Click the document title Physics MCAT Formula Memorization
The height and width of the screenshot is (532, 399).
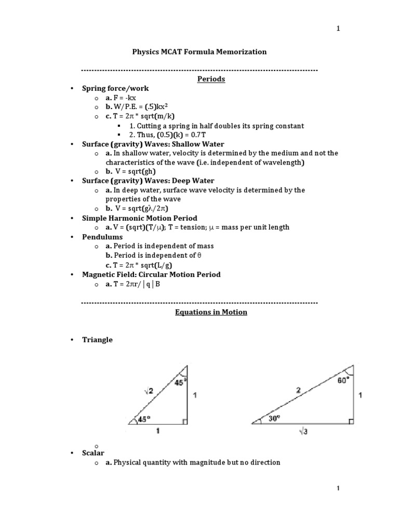pos(199,52)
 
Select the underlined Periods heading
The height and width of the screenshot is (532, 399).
pos(210,79)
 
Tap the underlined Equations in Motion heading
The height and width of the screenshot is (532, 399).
pos(210,312)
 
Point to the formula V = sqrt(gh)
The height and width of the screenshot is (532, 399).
pos(131,171)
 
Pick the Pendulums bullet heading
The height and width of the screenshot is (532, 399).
pos(102,237)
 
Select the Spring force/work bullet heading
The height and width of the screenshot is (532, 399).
pos(115,88)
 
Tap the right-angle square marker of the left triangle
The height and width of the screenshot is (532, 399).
pos(184,421)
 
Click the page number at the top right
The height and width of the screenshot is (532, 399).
pos(338,29)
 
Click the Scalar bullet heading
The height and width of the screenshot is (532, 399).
pos(94,453)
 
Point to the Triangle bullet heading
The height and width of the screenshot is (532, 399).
pos(97,340)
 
